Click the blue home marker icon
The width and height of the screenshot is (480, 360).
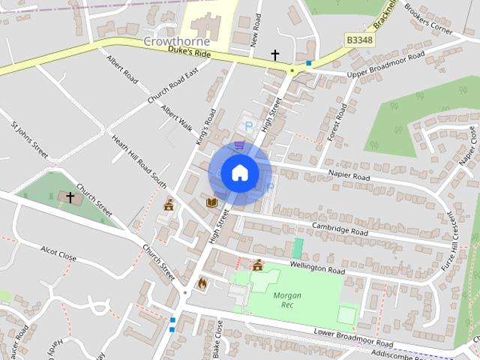[x=239, y=173]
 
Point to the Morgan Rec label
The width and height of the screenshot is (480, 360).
[x=287, y=300]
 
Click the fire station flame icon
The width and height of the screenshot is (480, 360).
[x=202, y=283]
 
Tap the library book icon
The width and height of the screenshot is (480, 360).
[x=211, y=202]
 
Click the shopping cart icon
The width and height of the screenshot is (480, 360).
[x=239, y=145]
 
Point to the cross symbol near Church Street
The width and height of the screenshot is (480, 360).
[x=70, y=197]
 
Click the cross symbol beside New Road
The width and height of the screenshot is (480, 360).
[x=274, y=55]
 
